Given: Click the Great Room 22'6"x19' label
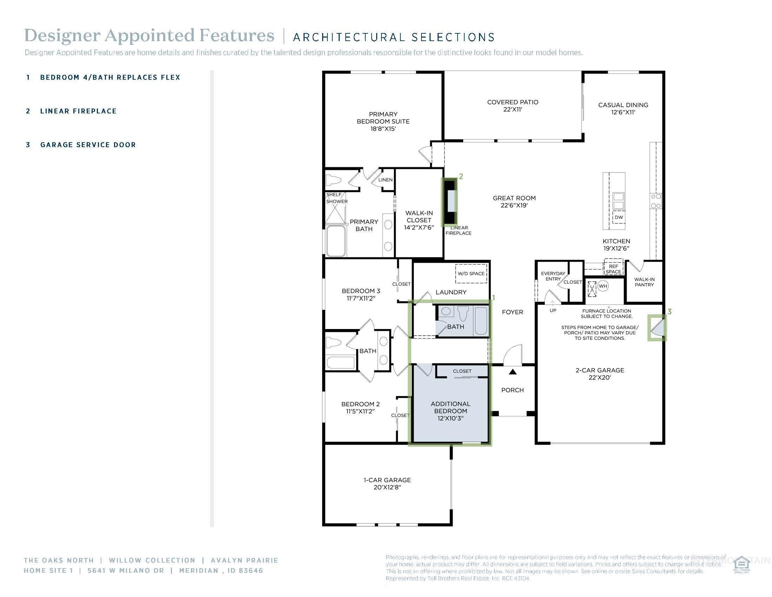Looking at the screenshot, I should (x=514, y=202).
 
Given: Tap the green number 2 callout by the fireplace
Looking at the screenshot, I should (x=461, y=176).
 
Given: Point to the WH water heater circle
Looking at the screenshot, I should (x=603, y=286).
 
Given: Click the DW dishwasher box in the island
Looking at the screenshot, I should (x=619, y=217).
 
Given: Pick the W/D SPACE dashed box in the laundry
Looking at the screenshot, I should (x=471, y=273).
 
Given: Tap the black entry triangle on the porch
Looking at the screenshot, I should (x=513, y=372).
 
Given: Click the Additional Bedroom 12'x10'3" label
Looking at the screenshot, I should (x=450, y=411).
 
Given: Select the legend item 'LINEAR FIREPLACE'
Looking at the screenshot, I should (x=78, y=111).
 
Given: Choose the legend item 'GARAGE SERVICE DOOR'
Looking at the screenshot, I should (x=88, y=145).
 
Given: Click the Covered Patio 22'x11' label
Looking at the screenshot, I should (x=513, y=106).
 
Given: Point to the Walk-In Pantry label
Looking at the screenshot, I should (x=644, y=282).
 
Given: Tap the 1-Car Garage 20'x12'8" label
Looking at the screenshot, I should (x=387, y=484).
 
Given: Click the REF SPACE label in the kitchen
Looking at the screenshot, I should (x=613, y=269).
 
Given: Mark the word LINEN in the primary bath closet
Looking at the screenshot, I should (x=385, y=180).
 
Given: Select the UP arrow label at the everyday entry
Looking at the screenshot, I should (x=553, y=310).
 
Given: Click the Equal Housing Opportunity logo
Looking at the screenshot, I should (x=741, y=565).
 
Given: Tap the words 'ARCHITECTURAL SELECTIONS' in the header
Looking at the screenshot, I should (x=394, y=37).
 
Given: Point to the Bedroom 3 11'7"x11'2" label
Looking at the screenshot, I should (x=360, y=295).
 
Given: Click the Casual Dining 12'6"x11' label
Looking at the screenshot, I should (x=623, y=109).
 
